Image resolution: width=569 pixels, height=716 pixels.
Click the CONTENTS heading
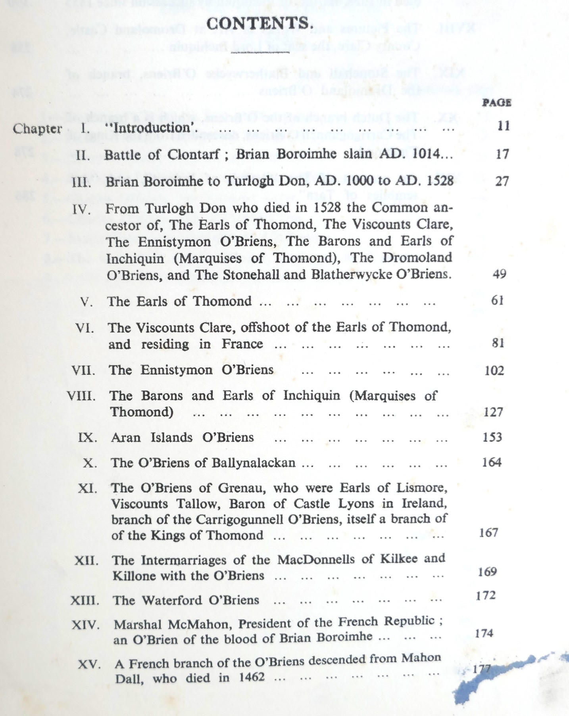click(260, 23)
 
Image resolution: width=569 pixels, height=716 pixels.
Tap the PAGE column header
click(496, 103)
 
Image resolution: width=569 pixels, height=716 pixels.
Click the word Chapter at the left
click(37, 129)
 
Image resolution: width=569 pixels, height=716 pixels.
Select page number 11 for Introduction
click(503, 126)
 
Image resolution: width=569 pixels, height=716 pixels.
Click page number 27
click(502, 181)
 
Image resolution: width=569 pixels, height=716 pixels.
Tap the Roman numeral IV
click(82, 209)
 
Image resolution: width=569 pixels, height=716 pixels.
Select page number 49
click(499, 274)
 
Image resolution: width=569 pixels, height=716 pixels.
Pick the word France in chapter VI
click(242, 344)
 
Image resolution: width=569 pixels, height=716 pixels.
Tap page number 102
click(494, 370)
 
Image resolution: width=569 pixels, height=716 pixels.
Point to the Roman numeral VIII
click(81, 396)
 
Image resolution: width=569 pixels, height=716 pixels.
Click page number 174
click(484, 633)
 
